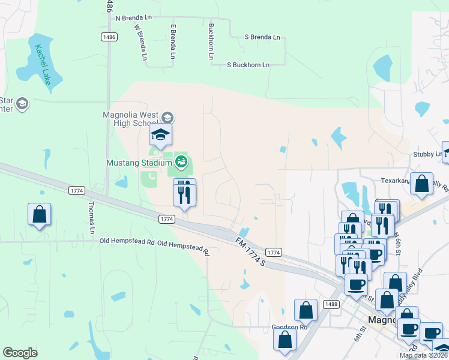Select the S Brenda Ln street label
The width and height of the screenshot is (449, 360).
pos(262,37)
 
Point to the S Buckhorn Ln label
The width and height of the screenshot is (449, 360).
pos(248,65)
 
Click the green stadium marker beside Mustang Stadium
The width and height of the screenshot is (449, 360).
pos(180,162)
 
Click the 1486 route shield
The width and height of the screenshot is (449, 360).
pos(109,37)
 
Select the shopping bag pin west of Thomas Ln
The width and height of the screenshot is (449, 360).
pos(39,214)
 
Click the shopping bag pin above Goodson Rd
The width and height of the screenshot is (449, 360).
pos(306,310)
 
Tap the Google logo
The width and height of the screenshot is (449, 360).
pos(20,353)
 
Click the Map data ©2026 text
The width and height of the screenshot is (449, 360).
pos(423,355)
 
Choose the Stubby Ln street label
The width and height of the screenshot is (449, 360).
pos(426,154)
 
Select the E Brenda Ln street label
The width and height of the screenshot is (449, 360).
pos(173,42)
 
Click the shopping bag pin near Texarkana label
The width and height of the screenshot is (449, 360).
pos(422,184)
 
